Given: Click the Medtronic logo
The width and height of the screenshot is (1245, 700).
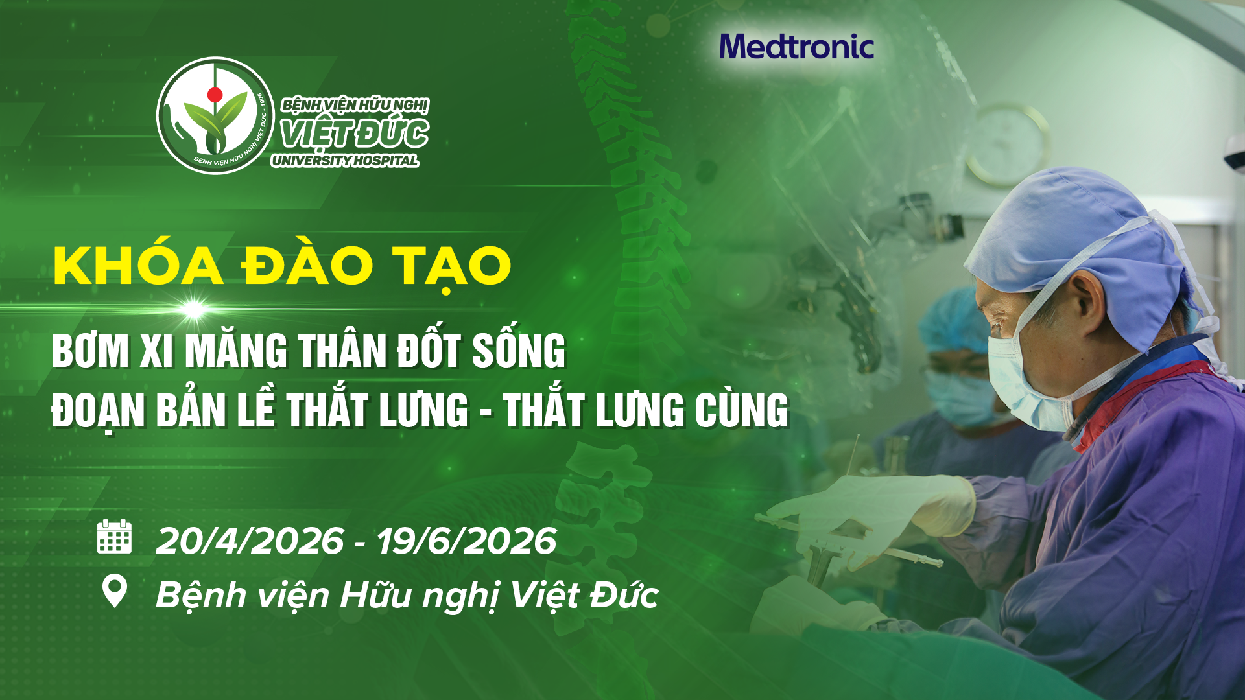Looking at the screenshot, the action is pos(796,47).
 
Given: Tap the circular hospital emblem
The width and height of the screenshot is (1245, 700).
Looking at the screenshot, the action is pos(216,115).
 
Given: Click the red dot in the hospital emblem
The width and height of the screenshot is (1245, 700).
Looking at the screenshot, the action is pos(215,95).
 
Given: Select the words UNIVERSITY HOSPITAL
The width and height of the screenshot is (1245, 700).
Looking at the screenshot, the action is pos(345,161).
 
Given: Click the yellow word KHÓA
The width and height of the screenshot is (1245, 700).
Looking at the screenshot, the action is pos(138,266).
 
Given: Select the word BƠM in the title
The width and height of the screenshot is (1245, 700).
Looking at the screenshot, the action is pos(90,351).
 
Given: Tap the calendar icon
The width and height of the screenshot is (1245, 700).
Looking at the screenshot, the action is pos(114,537).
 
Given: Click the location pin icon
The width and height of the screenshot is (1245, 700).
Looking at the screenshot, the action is pos(115,591).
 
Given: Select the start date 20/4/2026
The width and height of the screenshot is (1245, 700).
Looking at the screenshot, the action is pos(250,541).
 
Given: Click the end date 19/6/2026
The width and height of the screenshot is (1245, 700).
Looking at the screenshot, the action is pos(466,541).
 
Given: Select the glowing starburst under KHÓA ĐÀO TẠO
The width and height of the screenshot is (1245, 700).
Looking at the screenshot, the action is pos(193,309).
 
